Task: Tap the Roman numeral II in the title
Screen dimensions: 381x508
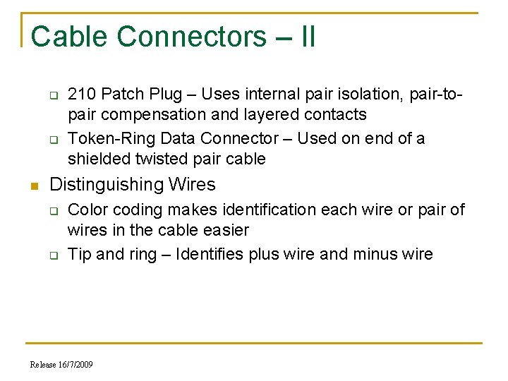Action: tap(308, 37)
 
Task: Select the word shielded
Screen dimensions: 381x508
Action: tap(97, 159)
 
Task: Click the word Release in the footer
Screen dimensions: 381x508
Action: tap(44, 365)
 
